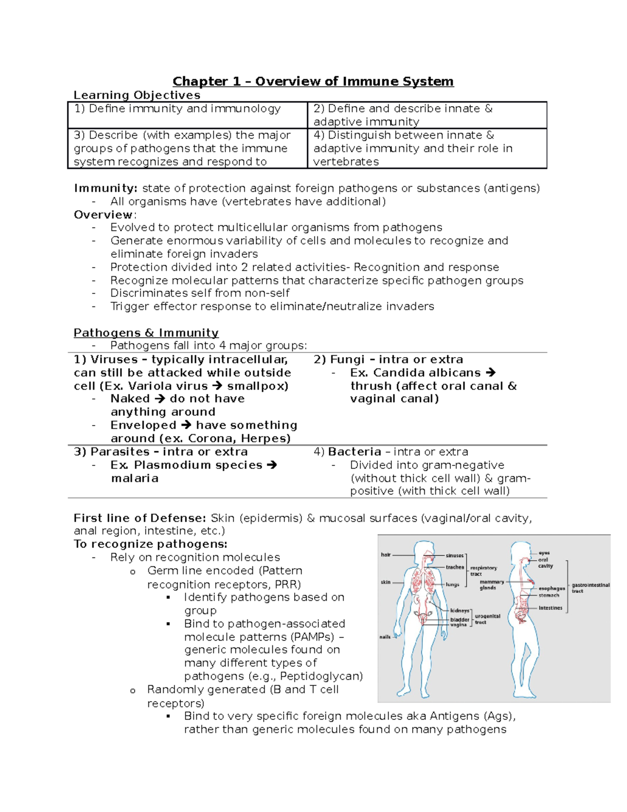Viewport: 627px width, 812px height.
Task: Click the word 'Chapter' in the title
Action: point(200,82)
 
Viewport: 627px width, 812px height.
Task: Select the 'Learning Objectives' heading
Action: point(137,95)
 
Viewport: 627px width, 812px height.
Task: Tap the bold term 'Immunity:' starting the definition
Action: point(106,188)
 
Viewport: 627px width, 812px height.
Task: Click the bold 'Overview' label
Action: point(103,215)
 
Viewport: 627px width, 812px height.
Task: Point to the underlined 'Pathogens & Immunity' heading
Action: point(146,333)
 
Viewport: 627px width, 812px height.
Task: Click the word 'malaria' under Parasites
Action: point(134,478)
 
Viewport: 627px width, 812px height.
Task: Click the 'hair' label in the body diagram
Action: point(386,555)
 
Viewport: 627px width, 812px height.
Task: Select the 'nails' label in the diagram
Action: point(385,637)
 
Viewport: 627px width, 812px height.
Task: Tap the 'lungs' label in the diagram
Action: point(452,585)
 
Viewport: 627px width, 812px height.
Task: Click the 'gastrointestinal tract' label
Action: point(590,588)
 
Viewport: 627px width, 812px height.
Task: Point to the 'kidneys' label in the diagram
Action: point(460,610)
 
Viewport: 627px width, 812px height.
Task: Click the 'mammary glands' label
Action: point(492,585)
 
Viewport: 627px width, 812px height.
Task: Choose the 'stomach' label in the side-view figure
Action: point(549,595)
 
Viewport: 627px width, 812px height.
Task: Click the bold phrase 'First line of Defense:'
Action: point(140,518)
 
